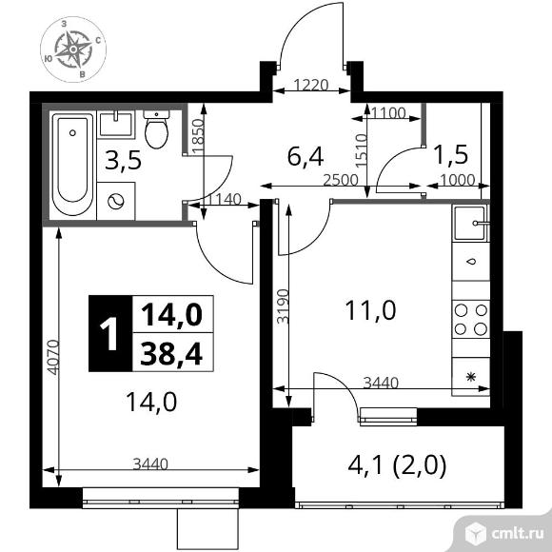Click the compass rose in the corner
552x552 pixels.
73,49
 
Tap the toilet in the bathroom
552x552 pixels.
157,129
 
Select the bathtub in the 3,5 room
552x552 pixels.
72,164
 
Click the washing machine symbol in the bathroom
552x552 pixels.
116,202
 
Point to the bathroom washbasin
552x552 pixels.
116,124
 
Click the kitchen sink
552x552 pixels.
471,223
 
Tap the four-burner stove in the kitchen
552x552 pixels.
471,320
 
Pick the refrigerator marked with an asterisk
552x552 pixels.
471,377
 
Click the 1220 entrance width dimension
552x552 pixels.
311,86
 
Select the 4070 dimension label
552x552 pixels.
53,357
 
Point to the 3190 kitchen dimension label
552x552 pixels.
283,306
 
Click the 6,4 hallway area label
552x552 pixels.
306,157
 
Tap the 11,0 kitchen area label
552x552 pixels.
371,310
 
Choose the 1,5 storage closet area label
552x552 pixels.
451,154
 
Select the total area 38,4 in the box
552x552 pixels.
171,353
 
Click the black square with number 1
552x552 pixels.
110,333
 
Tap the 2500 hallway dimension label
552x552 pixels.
341,180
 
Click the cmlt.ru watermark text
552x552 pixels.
518,535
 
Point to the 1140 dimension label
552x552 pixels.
224,200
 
